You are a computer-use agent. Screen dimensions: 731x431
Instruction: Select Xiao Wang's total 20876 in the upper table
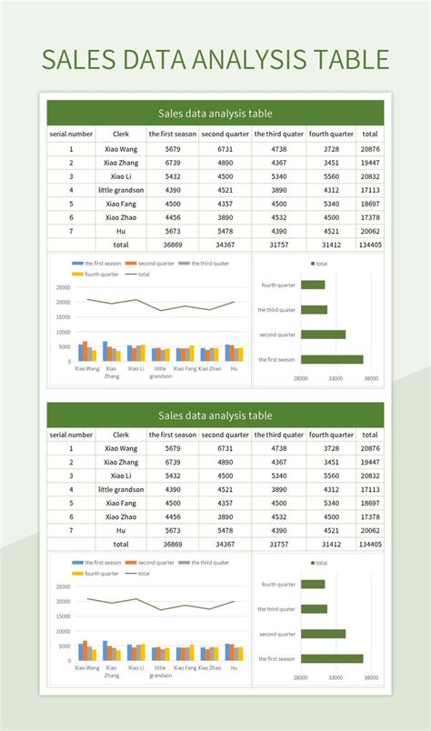[x=370, y=148]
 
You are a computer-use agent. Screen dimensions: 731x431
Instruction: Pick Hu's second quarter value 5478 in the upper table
[x=225, y=231]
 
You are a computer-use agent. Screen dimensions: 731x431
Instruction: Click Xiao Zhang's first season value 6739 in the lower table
[x=173, y=462]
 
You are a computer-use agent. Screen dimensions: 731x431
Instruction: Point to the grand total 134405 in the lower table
[x=370, y=545]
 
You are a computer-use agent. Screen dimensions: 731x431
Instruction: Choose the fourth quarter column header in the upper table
[x=331, y=135]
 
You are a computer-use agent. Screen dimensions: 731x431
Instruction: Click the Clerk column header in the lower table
[x=120, y=435]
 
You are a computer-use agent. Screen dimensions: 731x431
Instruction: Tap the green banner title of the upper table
[x=215, y=114]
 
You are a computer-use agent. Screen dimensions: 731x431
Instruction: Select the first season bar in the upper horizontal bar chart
[x=331, y=359]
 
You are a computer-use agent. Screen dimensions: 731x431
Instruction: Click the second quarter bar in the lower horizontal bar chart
[x=323, y=634]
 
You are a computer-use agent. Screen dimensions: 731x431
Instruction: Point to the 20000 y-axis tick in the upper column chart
[x=63, y=302]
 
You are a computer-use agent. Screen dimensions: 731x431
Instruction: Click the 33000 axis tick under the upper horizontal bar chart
[x=336, y=377]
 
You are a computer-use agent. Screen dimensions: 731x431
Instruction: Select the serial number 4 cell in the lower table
[x=71, y=489]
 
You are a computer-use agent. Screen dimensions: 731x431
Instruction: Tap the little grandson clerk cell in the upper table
[x=120, y=190]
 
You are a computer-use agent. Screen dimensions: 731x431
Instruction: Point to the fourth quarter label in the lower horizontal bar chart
[x=278, y=585]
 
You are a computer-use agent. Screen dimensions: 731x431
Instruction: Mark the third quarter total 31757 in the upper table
[x=278, y=245]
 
